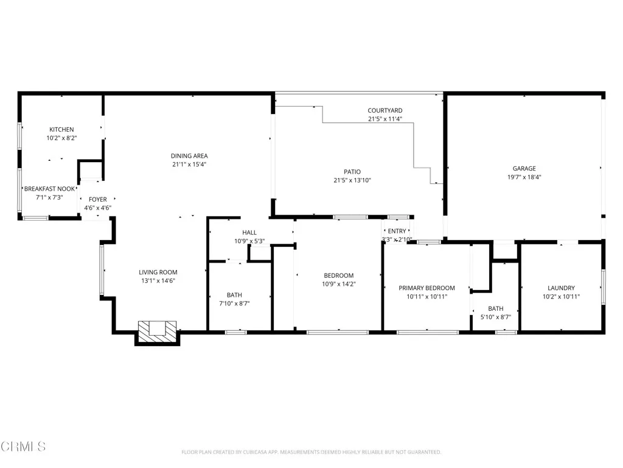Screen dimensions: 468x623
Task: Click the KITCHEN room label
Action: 61,129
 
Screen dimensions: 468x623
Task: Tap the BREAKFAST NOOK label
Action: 50,189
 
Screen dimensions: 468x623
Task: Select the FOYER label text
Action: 98,199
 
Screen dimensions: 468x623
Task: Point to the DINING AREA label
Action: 189,156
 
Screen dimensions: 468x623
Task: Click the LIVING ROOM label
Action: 158,272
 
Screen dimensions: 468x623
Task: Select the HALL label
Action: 249,233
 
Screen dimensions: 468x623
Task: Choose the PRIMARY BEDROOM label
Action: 426,288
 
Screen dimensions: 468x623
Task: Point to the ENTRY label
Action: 397,231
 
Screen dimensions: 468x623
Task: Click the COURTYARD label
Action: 385,110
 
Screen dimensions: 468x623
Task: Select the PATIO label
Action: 353,172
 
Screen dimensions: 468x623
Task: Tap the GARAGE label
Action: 524,169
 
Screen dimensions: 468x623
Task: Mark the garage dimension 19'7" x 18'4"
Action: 524,177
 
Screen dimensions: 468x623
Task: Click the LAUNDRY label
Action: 561,288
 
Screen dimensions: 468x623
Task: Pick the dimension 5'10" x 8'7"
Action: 495,317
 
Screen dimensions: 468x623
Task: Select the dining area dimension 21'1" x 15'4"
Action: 189,165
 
